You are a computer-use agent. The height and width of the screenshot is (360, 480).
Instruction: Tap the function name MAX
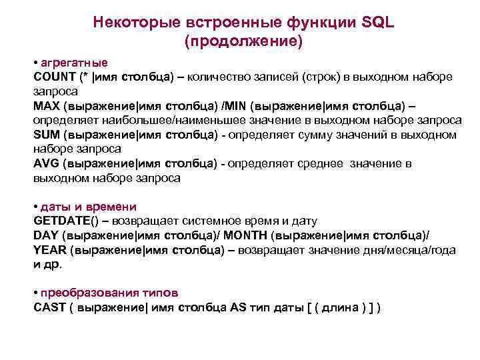tap(45, 106)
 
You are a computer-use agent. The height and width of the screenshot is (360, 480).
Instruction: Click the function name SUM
tap(45, 135)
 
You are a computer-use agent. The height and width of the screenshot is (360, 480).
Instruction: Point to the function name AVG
tap(45, 164)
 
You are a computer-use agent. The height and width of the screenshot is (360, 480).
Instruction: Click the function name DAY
tap(45, 235)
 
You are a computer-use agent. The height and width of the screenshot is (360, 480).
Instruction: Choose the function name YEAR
tap(49, 250)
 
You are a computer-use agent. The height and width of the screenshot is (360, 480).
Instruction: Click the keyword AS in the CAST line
tap(238, 307)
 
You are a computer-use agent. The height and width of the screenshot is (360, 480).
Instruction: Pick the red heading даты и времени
tap(88, 207)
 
